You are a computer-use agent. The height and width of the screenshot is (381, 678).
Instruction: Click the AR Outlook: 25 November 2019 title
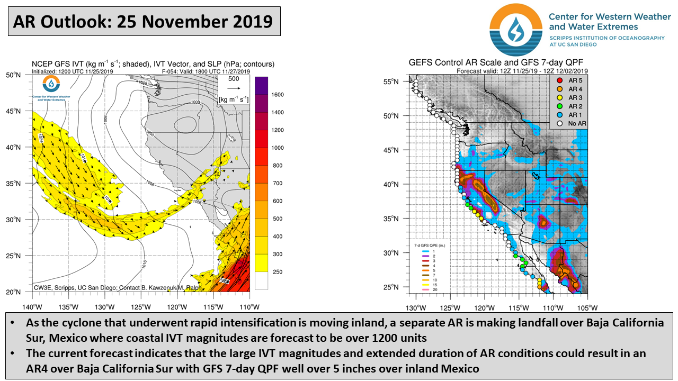(143, 22)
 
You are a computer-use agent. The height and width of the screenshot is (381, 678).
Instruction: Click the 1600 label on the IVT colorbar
(278, 95)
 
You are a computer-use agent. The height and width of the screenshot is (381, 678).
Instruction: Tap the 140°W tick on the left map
(32, 306)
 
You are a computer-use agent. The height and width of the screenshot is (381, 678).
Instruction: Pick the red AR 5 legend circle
(559, 80)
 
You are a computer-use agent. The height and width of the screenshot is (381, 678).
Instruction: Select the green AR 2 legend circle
(559, 106)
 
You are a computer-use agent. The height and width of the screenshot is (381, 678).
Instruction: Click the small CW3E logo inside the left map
(51, 84)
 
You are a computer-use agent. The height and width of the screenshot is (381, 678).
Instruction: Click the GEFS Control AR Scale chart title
(496, 62)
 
